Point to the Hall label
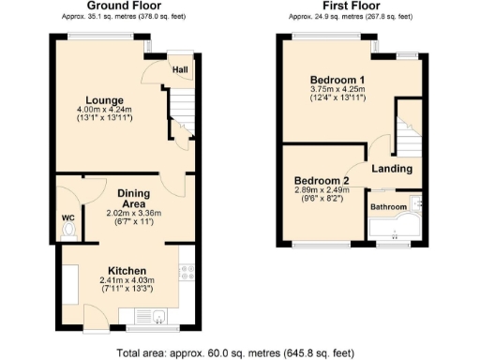[x=179, y=68]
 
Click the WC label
[x=67, y=218]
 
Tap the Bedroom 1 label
[x=337, y=80]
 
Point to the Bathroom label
[x=388, y=206]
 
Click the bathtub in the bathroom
[x=395, y=229]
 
